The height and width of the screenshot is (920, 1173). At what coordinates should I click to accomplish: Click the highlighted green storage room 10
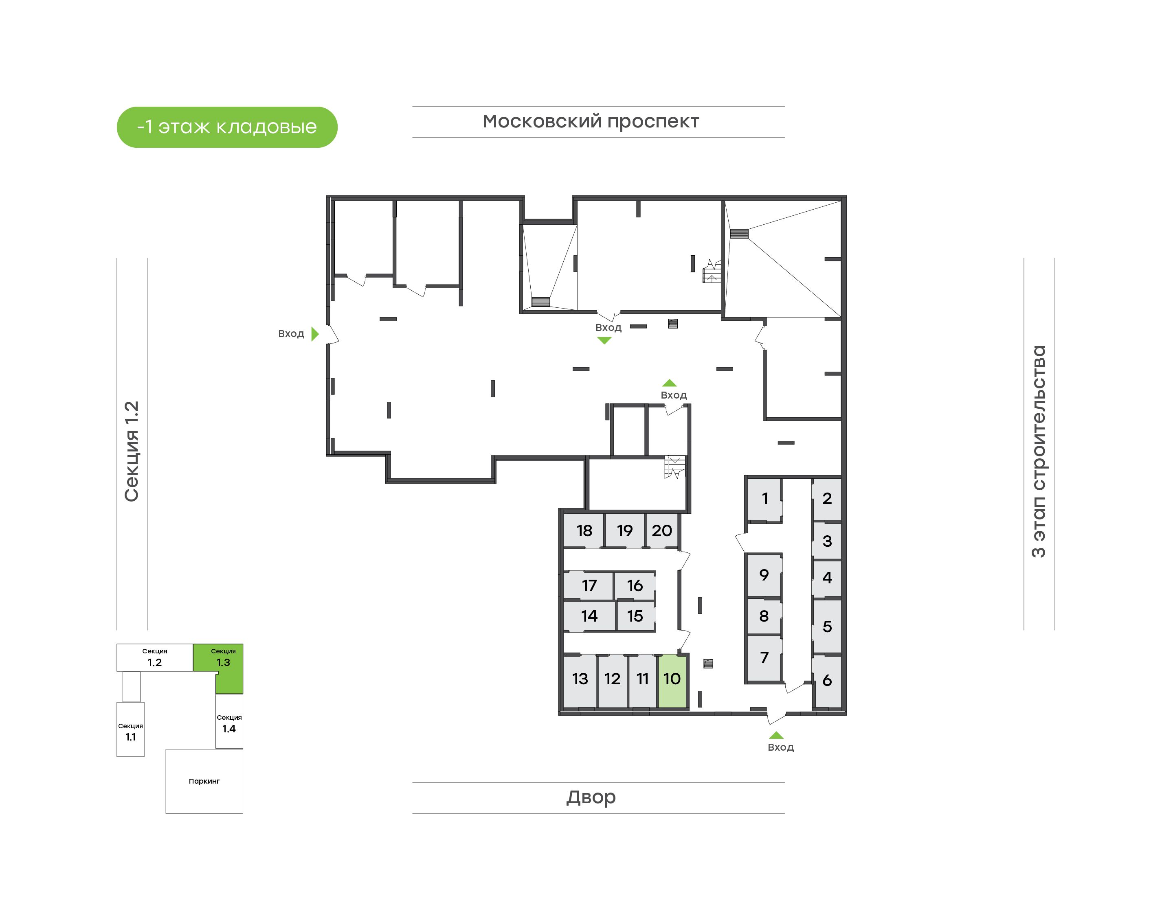coord(672,680)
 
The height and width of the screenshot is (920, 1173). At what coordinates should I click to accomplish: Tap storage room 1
coord(764,499)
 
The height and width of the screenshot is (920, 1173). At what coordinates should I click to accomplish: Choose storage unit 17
coord(589,585)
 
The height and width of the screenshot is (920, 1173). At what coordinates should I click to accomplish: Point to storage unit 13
coord(580,680)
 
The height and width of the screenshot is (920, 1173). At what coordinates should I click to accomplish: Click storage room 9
coord(764,575)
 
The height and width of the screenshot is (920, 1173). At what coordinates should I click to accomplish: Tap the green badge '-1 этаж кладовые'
coord(227,127)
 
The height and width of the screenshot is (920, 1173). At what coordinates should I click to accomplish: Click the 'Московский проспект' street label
coord(591,122)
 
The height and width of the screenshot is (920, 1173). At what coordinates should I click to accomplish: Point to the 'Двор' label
coord(591,797)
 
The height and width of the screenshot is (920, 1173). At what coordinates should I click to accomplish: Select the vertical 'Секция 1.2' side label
coord(132,451)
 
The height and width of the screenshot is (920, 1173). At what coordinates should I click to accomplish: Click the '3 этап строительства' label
coord(1038,451)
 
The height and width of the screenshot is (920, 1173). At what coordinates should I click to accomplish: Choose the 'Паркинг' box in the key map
coord(204,781)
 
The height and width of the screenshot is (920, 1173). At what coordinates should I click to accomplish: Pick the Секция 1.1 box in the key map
coord(130,730)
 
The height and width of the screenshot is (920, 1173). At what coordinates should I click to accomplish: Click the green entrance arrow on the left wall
coord(315,334)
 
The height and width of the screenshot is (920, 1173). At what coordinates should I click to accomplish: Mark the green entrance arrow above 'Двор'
coord(776,735)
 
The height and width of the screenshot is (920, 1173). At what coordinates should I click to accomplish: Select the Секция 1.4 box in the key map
coord(229,722)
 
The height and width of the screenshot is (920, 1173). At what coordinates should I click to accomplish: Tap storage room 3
coord(827,541)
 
